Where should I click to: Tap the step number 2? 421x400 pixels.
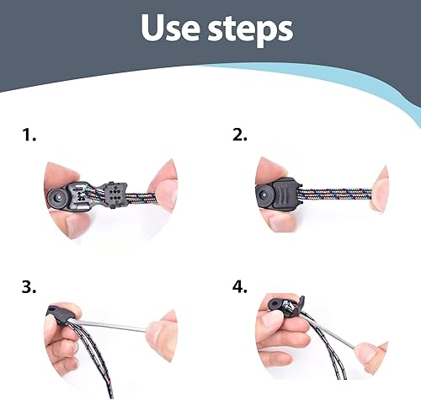[238, 134]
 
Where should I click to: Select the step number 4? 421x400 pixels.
[239, 285]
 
